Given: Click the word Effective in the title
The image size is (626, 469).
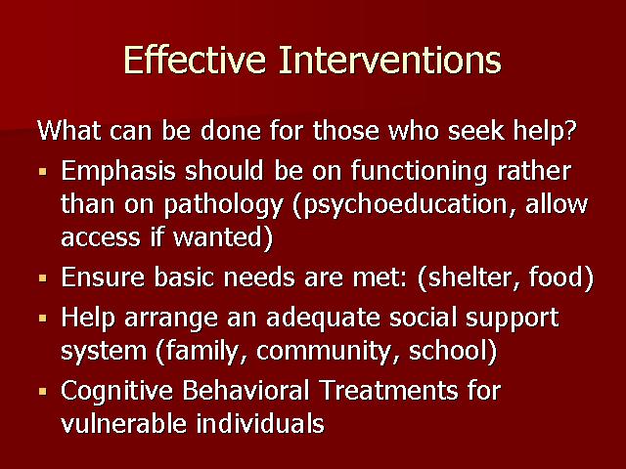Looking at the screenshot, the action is click(195, 60).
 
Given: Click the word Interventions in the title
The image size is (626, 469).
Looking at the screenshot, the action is click(390, 60).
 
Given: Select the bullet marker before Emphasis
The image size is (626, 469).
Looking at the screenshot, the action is click(43, 172).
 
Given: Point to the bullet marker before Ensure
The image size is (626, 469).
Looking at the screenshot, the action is click(43, 277).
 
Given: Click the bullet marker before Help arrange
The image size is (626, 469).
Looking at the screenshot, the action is click(43, 319).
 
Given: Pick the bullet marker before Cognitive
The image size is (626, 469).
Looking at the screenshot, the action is click(43, 391).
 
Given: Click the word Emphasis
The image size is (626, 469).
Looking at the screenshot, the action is click(118, 172).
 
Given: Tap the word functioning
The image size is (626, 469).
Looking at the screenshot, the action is click(420, 172).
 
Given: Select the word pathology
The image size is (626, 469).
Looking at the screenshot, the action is click(224, 205).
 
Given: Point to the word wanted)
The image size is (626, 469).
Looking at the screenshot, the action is click(223, 237).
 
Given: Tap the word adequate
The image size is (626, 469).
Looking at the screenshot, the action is click(324, 319).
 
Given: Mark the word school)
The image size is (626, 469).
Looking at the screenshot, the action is click(453, 351).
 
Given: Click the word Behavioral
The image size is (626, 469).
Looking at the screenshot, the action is click(246, 391).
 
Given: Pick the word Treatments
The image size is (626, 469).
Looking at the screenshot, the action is click(389, 391).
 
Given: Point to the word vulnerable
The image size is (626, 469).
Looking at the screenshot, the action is click(124, 423).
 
